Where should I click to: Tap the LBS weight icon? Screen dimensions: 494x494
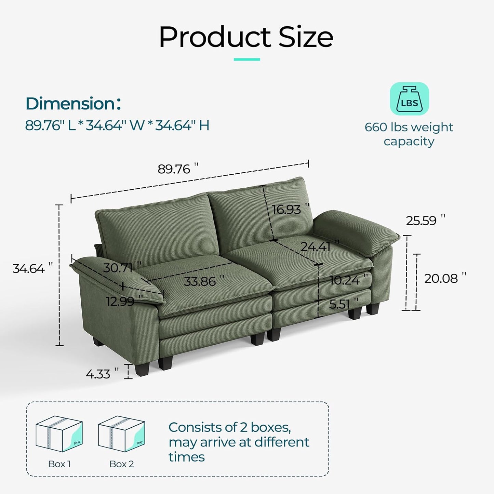coord(409,99)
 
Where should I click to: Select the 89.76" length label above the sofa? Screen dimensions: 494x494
coord(178,169)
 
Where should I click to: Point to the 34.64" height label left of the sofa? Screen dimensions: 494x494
coord(33,269)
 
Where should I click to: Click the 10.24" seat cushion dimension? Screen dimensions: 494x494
coord(345,281)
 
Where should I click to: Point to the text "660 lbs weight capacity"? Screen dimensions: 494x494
coord(409,134)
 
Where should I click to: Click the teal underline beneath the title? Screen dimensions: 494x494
coord(247,59)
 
